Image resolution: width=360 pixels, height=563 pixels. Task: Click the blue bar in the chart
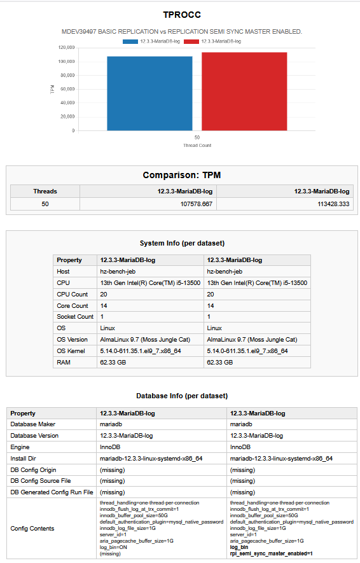(149, 94)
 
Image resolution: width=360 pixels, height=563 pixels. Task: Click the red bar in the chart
(244, 92)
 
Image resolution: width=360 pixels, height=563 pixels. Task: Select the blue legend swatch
(130, 41)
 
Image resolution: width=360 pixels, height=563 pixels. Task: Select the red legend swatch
(191, 41)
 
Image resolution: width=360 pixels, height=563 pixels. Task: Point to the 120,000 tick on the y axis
(66, 48)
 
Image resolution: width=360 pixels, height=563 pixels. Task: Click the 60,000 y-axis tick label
(67, 89)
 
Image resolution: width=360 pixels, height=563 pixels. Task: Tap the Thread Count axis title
(197, 146)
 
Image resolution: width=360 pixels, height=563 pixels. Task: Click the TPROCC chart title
(182, 15)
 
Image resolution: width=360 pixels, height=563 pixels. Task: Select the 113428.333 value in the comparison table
(333, 204)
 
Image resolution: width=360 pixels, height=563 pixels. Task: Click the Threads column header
(45, 191)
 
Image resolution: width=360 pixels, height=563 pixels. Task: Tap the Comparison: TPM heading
(182, 175)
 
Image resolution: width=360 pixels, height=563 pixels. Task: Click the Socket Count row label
(75, 317)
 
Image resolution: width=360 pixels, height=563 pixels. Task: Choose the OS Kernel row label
(71, 351)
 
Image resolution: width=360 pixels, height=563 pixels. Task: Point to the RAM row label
(64, 363)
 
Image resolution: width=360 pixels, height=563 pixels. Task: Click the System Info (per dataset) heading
(182, 244)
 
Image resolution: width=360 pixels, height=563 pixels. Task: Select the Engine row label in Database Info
(20, 447)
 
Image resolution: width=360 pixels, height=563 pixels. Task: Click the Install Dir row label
(23, 459)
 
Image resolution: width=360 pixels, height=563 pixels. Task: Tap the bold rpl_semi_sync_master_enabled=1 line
(272, 553)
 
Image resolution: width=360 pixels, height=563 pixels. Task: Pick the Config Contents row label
(32, 529)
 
